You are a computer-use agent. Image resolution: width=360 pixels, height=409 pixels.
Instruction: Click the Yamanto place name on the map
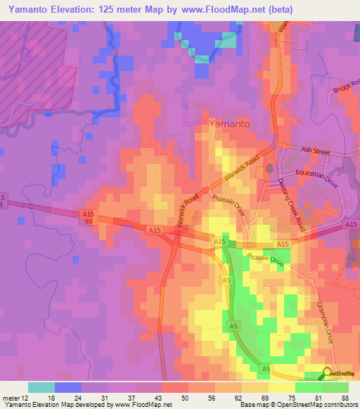pyautogui.click(x=229, y=124)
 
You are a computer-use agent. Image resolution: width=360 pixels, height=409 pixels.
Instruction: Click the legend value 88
pyautogui.click(x=345, y=397)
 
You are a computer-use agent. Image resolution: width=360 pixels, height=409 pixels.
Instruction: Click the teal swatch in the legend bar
pyautogui.click(x=41, y=387)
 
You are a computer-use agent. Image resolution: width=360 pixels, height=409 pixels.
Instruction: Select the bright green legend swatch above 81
pyautogui.click(x=309, y=387)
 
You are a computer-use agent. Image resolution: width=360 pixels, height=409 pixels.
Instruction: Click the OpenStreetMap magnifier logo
pyautogui.click(x=328, y=373)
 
